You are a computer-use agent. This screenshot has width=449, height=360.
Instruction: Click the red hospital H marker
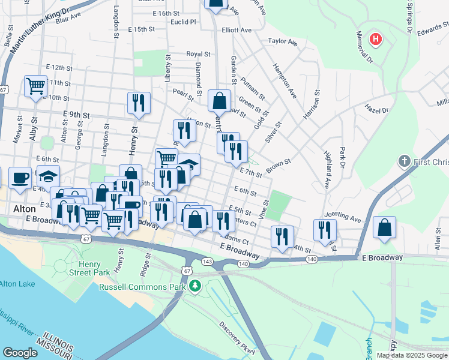[x=376, y=40]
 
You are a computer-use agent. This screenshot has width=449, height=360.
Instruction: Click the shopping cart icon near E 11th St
[x=35, y=85]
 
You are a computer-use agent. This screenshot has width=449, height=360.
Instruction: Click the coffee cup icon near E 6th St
[x=20, y=178]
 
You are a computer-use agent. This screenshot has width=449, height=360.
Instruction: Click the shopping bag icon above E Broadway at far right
[x=384, y=227]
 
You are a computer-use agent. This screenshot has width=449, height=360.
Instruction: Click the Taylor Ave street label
[x=283, y=41]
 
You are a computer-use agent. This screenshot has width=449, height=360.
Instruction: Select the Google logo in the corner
[x=20, y=353]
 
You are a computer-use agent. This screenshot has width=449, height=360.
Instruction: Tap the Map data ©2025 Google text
[x=412, y=355]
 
